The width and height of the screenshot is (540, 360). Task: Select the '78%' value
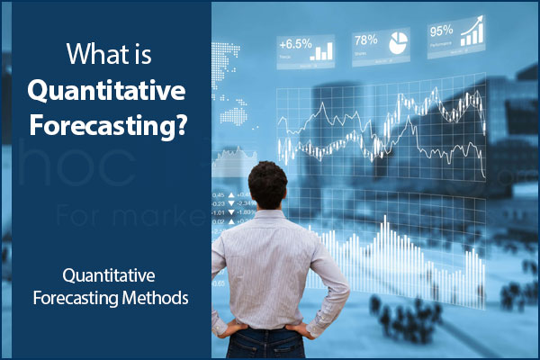pyautogui.click(x=366, y=40)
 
